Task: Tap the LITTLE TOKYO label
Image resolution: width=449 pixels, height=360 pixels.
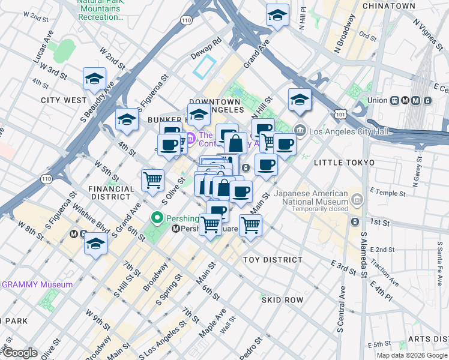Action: coord(344,163)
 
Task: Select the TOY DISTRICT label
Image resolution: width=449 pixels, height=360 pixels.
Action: coord(273,260)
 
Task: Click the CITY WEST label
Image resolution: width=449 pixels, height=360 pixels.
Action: coord(64,100)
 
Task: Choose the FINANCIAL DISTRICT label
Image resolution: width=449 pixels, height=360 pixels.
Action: coord(111,192)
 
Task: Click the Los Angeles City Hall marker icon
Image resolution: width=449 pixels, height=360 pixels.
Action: coord(300,131)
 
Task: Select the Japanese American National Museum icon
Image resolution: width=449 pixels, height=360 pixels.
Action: coord(357,199)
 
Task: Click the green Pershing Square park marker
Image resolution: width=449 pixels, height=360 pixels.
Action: coord(158,218)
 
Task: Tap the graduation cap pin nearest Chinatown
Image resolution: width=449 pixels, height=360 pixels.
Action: coord(277,14)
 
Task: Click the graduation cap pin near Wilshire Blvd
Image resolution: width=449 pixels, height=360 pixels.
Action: coord(95,243)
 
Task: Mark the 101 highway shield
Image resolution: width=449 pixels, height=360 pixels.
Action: coord(341,113)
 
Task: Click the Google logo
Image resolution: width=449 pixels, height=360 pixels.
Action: coord(19,353)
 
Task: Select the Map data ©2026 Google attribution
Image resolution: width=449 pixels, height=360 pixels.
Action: coord(411,355)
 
